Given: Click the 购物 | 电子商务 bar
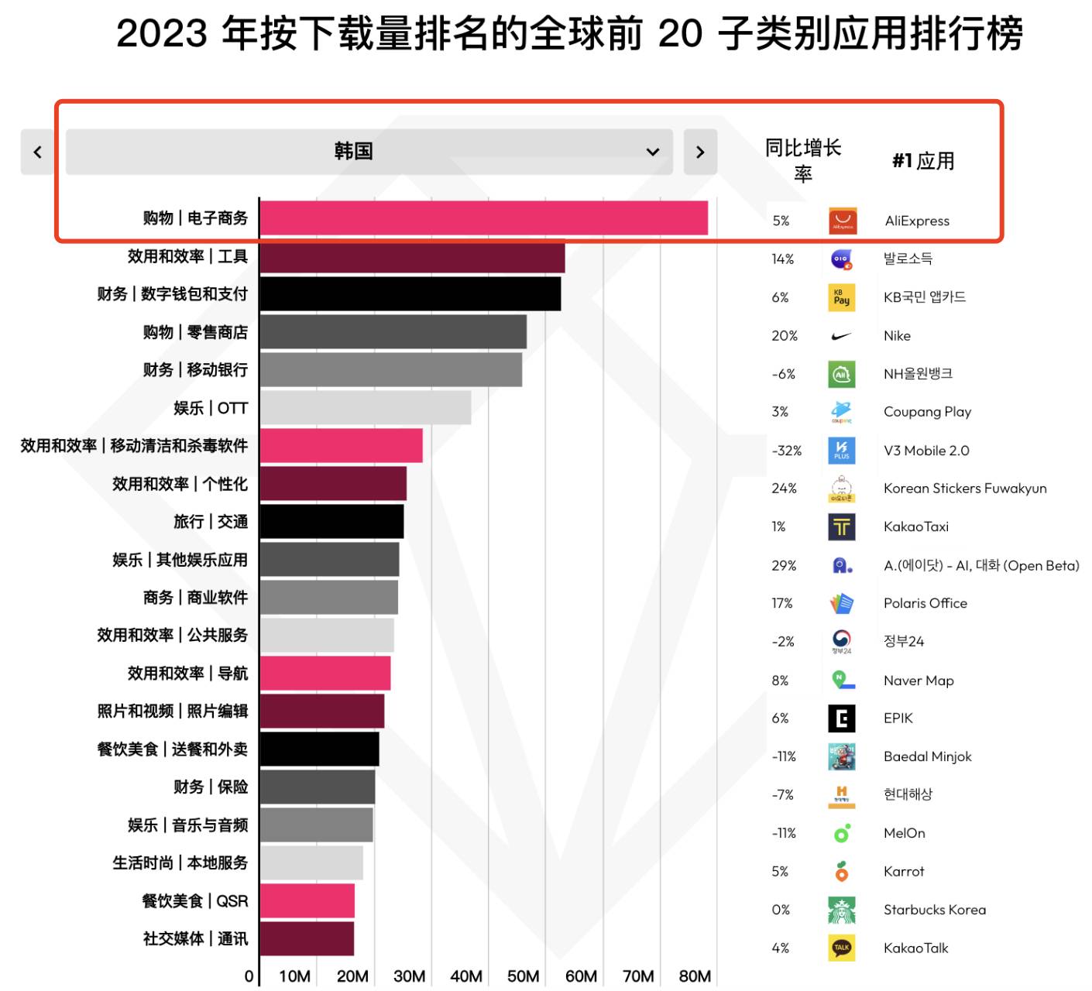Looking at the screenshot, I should pos(483,218).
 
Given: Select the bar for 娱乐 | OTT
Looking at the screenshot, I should pos(365,407).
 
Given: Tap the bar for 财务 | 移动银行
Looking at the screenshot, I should pos(390,369).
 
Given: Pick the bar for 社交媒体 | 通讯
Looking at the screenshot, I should pos(307,938).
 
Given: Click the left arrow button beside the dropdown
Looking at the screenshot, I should pos(37,152).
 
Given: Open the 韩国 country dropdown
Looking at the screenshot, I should pos(369,152).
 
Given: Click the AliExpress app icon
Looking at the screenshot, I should pos(842,221).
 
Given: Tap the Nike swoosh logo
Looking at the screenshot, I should pos(841,336).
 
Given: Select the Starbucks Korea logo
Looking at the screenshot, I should pos(841,910).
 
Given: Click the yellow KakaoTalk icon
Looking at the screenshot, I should pos(841,948).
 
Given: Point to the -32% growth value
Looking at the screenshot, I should pos(786,451).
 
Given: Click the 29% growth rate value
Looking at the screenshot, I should pos(784,565).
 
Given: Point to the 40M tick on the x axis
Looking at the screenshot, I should pos(466,976).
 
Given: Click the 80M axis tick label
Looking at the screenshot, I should pos(695,976).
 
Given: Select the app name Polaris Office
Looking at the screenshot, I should pos(925,603).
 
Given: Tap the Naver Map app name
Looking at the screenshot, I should pos(919,681).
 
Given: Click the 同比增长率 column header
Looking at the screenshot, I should pos(803,160).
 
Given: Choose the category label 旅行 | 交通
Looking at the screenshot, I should pos(211,522).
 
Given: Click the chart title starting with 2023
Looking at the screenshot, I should pos(569,34).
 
